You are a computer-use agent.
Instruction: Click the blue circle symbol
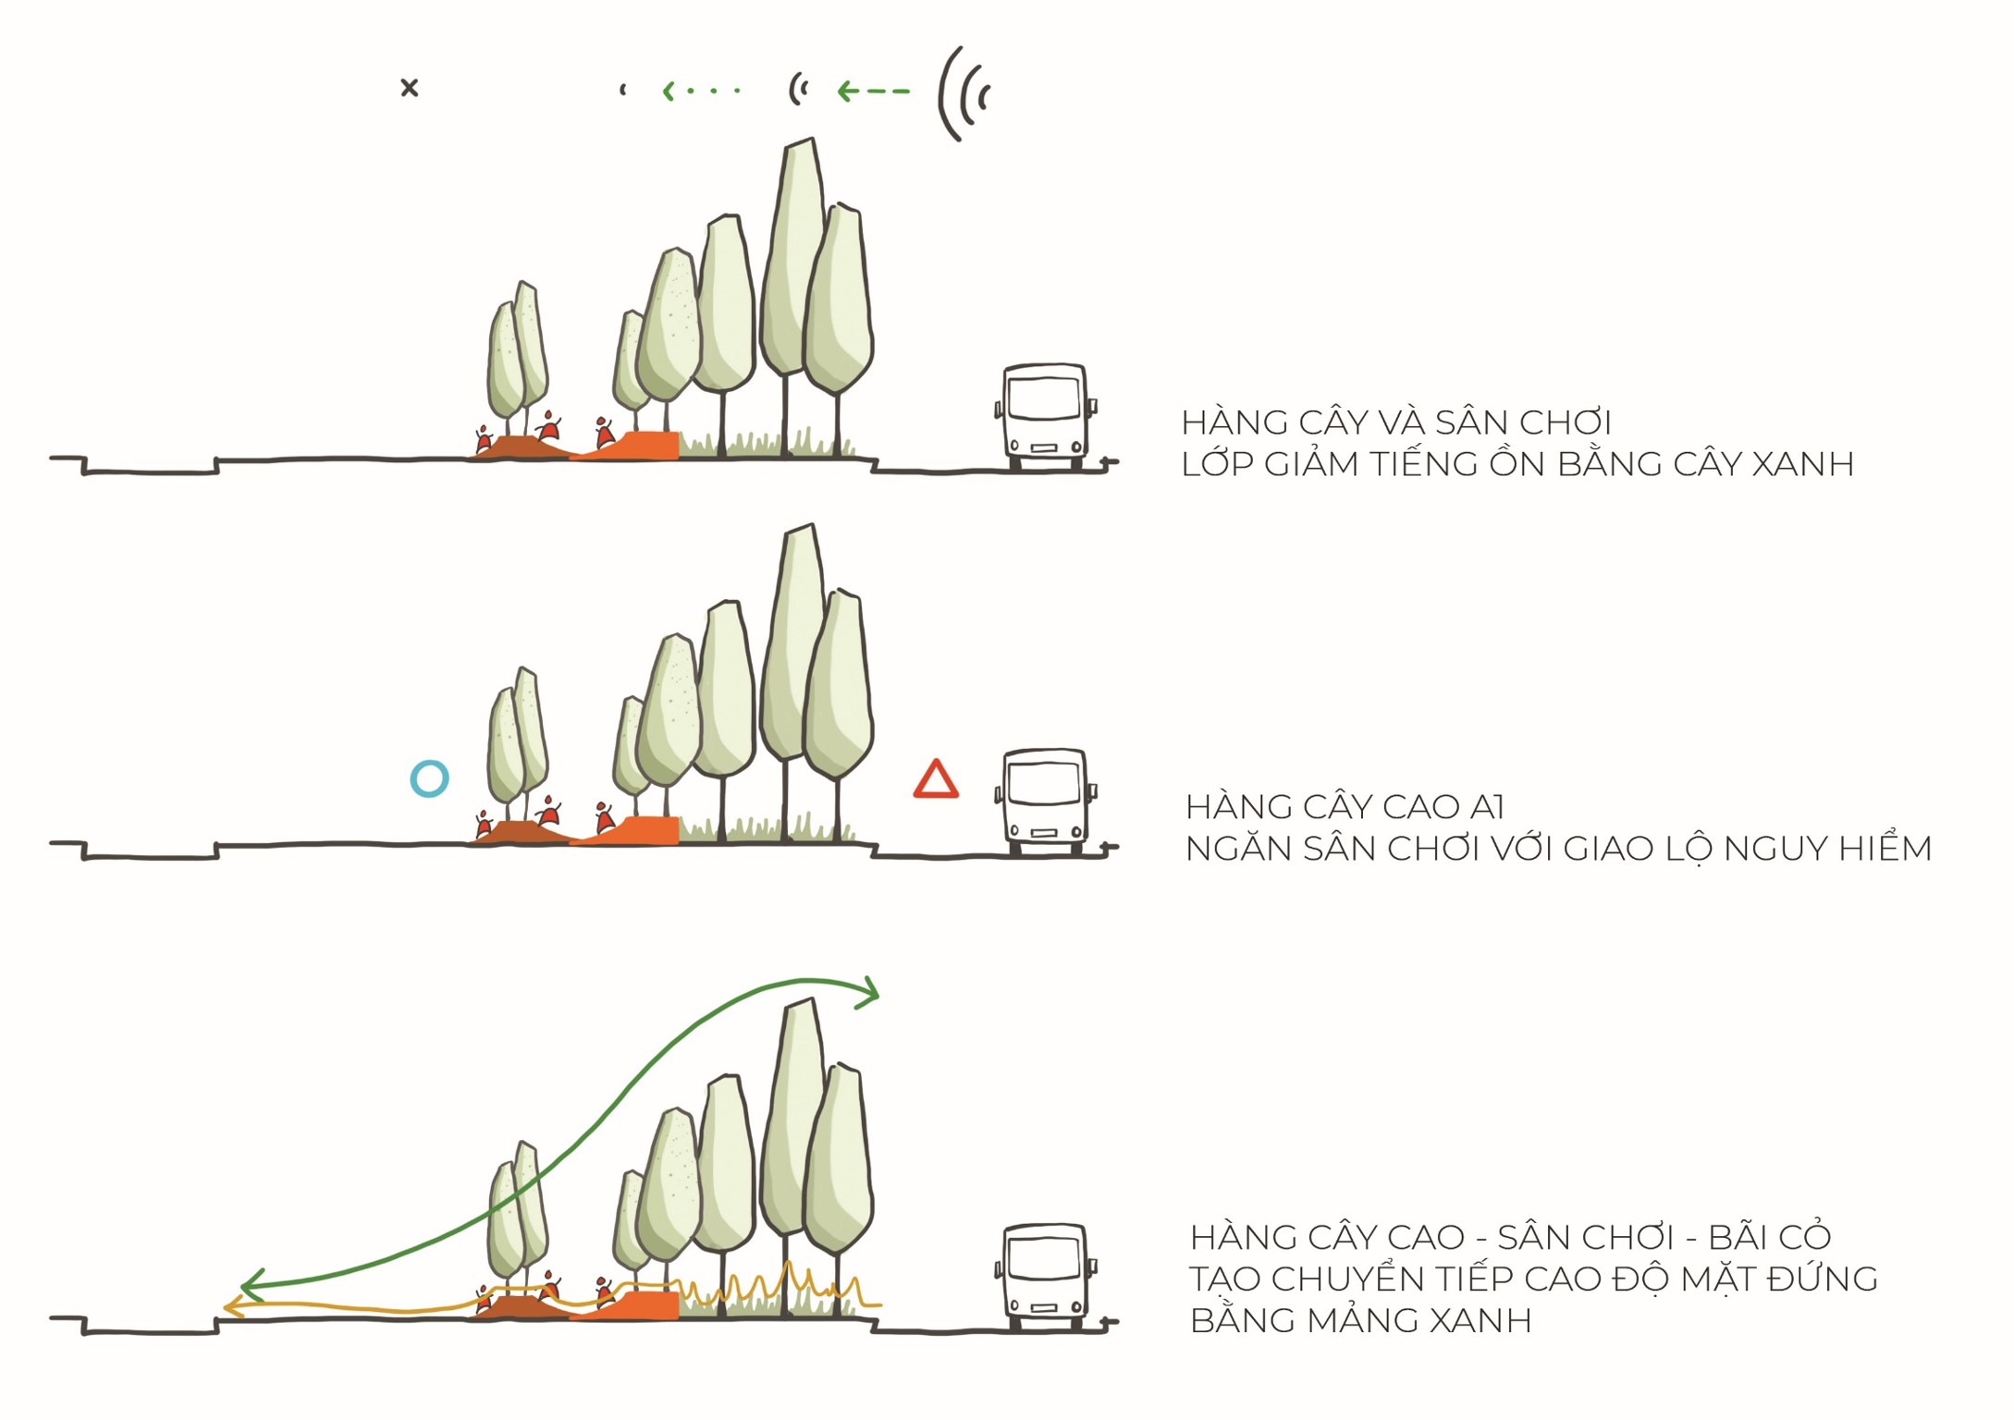[x=429, y=778]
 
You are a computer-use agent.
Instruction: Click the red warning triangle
[x=936, y=780]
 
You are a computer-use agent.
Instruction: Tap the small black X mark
[x=409, y=88]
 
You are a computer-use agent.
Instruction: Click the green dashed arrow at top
[x=873, y=91]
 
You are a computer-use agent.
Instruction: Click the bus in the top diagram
[x=1045, y=416]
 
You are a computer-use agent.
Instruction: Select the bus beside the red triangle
[x=1045, y=801]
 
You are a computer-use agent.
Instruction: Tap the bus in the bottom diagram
[x=1045, y=1276]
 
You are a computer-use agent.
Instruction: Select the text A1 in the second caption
[x=1486, y=807]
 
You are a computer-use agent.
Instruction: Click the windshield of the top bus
[x=1045, y=398]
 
